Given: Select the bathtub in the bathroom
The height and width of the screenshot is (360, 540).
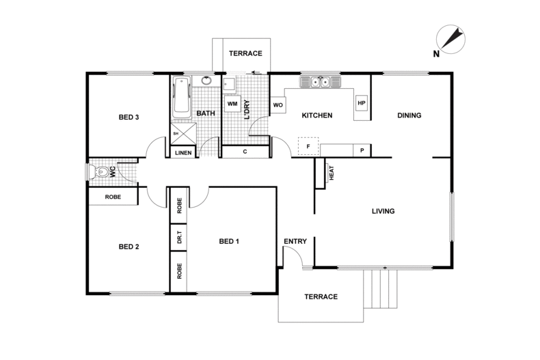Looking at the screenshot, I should tap(182, 97).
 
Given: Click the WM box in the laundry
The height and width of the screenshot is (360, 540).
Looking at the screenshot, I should tap(232, 104).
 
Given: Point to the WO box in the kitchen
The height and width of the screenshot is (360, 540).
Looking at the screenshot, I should tap(278, 105).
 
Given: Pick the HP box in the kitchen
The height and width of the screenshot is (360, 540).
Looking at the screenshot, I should tap(362, 104).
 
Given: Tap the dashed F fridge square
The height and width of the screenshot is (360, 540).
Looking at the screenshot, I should tap(308, 146).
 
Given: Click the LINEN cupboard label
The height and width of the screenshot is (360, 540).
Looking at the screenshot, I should tap(183, 152).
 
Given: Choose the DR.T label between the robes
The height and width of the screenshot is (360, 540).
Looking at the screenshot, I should tap(179, 239).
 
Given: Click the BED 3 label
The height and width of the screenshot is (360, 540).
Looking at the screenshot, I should tap(129, 117).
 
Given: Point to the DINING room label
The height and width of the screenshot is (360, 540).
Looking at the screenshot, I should tap(409, 115).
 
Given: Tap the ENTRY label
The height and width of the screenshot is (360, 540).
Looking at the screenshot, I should tap(295, 241).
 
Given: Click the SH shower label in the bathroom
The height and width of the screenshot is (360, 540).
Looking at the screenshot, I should tap(176, 134).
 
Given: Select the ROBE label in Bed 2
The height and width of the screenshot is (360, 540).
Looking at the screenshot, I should tap(113, 197).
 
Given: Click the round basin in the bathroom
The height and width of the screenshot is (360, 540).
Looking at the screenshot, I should tap(206, 82).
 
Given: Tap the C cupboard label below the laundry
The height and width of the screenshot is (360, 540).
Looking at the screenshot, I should tap(245, 152).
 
